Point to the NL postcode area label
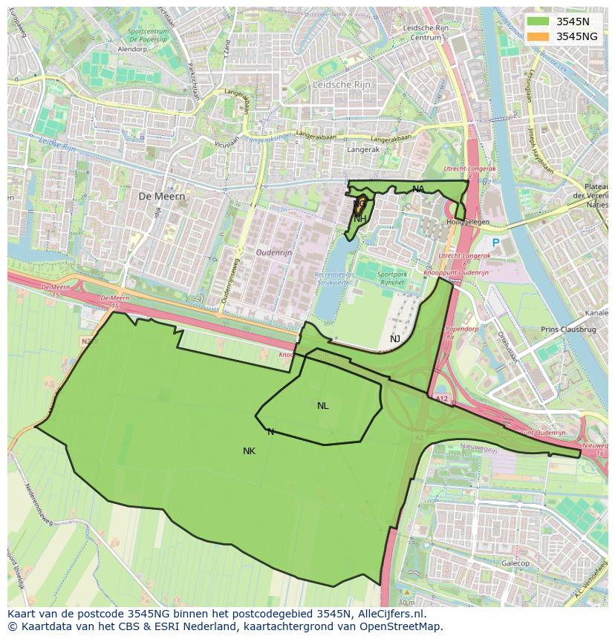322,405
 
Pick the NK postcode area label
249,450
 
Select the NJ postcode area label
395,338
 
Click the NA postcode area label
418,189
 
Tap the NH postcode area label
359,218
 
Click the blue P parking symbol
495,243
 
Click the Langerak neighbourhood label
363,149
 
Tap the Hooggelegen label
467,222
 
